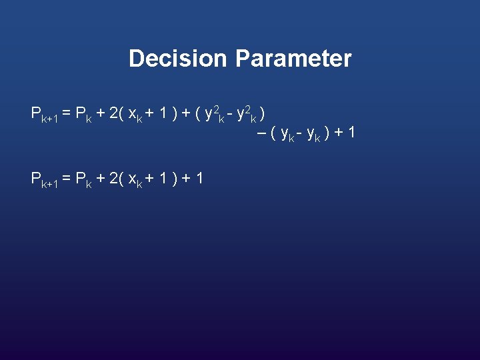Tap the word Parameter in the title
(x=293, y=59)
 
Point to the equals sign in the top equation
(x=67, y=113)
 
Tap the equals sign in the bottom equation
(x=67, y=178)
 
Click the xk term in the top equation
(x=134, y=114)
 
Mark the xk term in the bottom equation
(x=134, y=179)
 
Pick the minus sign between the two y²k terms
(x=231, y=114)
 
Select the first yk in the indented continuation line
(x=288, y=135)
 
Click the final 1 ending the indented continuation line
(x=351, y=133)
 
